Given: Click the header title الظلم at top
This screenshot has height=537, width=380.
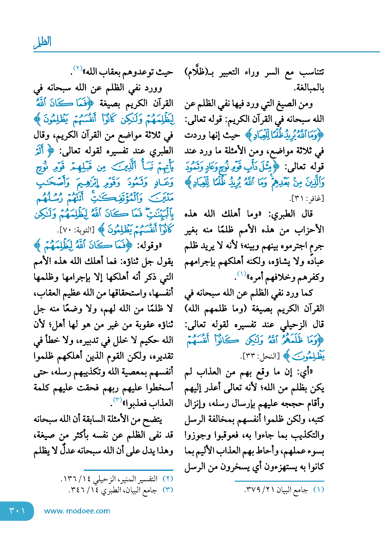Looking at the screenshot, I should pyautogui.click(x=43, y=42).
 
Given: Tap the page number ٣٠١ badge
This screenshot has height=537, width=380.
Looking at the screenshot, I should pyautogui.click(x=17, y=511).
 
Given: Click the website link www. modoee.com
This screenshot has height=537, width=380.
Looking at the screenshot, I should pyautogui.click(x=77, y=511).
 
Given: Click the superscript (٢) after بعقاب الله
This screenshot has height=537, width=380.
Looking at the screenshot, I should pyautogui.click(x=78, y=68).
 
